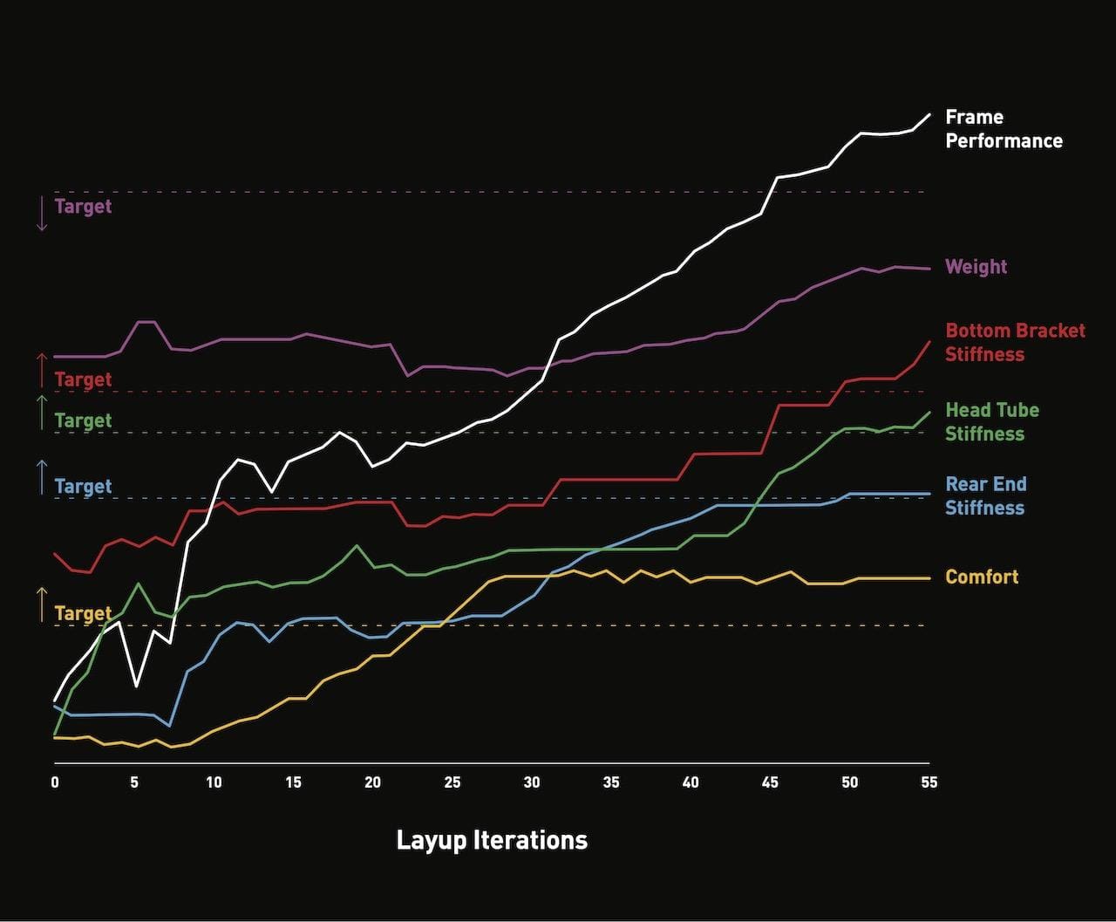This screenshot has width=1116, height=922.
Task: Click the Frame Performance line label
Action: pos(1004,129)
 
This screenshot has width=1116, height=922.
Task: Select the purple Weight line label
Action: pos(976,267)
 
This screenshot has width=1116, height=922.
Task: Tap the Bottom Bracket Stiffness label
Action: pos(1015,342)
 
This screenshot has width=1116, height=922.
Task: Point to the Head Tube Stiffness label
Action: pos(992,421)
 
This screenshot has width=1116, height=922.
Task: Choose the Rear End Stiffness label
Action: pos(985,495)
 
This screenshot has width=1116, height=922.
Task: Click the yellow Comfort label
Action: pos(982,577)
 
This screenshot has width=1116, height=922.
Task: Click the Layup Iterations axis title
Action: pos(492,840)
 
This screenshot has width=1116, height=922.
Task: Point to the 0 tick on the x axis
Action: pos(55,782)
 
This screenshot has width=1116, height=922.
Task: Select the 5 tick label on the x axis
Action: pos(134,782)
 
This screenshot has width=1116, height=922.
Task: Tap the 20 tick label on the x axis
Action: pos(373,782)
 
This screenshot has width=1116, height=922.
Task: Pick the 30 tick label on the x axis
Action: pos(532,782)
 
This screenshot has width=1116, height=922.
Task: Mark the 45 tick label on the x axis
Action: pos(770,782)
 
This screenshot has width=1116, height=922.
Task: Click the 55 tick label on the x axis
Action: pos(929,782)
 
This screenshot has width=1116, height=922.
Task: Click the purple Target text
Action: pos(83,207)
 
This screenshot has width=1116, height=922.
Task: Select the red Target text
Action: pos(83,379)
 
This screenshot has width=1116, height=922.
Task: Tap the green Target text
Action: pos(83,420)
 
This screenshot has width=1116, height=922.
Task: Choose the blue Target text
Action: pos(83,486)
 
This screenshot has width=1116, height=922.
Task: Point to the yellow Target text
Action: pos(83,613)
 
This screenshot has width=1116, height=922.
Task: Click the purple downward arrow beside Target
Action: pos(41,214)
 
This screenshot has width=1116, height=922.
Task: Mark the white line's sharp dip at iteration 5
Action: pos(136,686)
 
